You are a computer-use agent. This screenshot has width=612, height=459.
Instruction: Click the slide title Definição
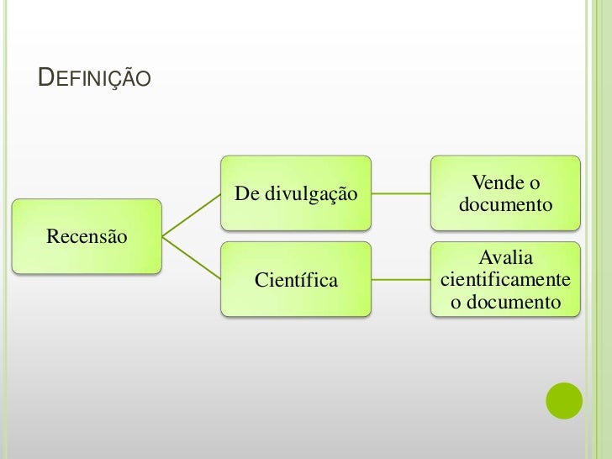[x=95, y=79]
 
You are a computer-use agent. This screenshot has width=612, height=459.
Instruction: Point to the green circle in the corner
[x=564, y=401]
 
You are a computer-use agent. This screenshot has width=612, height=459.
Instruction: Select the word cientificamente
[x=505, y=279]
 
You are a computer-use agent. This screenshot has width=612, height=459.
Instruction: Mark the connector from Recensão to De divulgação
[x=191, y=214]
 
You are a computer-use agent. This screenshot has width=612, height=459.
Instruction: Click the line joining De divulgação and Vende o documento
[x=401, y=193]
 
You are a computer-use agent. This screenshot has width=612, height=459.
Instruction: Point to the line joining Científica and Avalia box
[x=401, y=279]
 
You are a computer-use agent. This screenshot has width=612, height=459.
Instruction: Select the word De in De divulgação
[x=246, y=194]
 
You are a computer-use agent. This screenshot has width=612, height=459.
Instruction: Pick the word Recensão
[x=87, y=236]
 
